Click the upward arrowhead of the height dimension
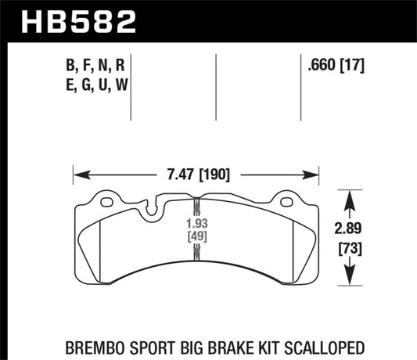coord(350,196)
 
